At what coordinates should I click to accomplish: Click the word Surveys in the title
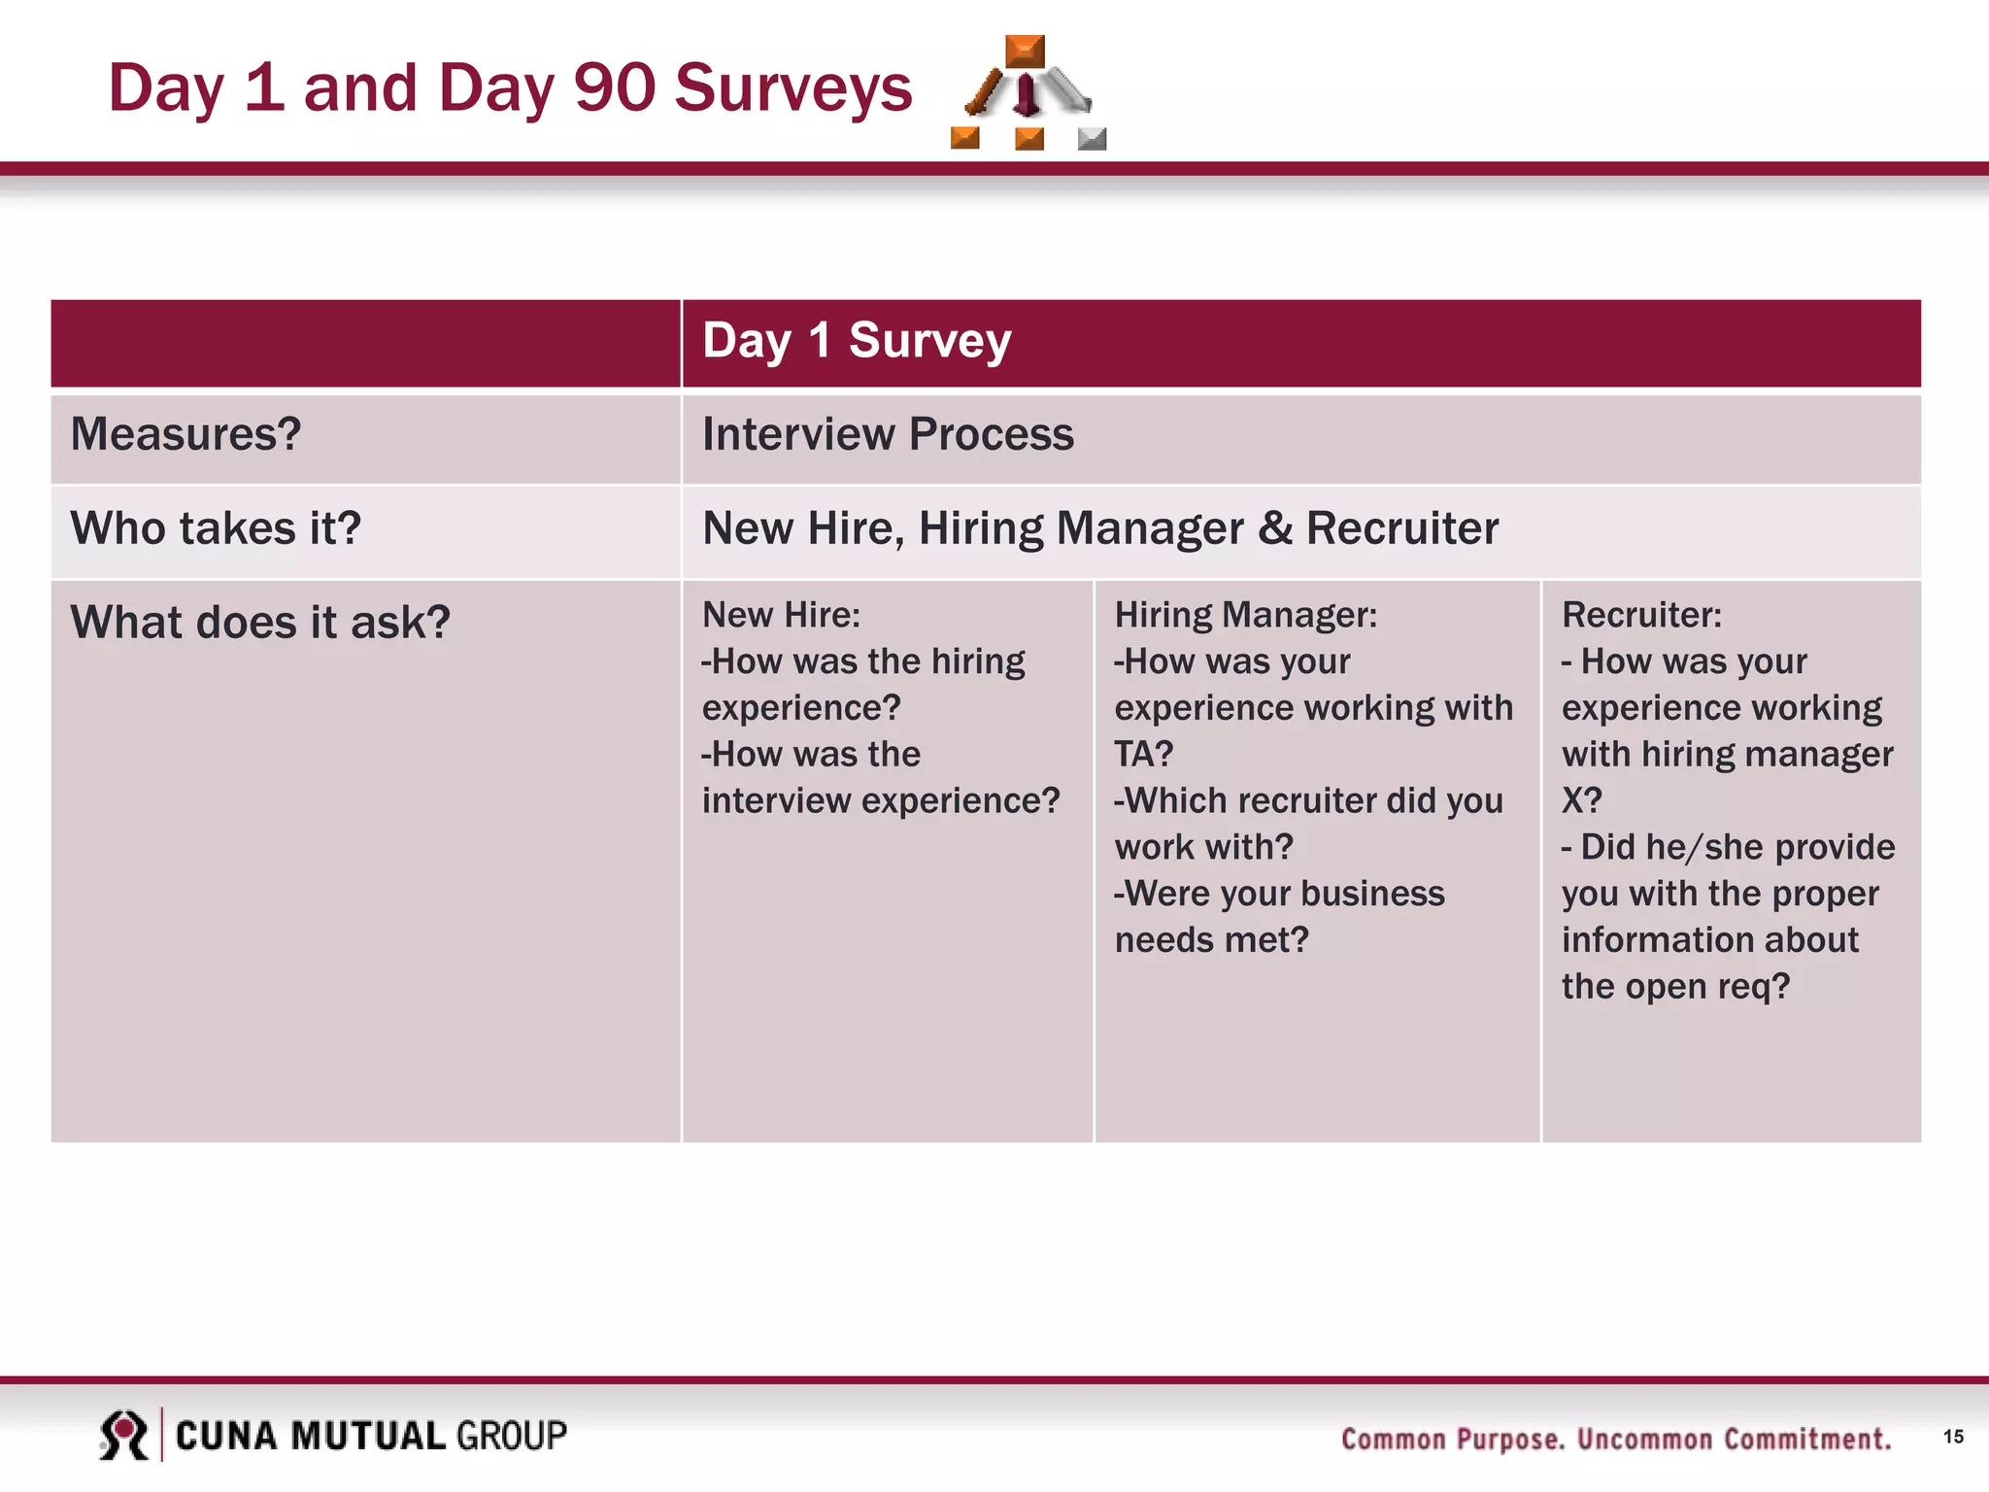[792, 88]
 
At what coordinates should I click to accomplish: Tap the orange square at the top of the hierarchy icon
[1025, 51]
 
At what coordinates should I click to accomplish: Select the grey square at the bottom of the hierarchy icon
[1092, 139]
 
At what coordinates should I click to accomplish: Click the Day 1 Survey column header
[857, 341]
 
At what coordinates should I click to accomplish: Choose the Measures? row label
[185, 434]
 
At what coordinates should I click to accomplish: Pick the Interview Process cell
[888, 434]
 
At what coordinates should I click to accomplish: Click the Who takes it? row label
[216, 528]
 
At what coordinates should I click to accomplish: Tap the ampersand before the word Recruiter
[1274, 528]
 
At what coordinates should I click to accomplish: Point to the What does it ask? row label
[260, 623]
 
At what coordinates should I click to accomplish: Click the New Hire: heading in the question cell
[781, 615]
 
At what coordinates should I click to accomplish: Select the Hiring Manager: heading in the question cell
[1245, 615]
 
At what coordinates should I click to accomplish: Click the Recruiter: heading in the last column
[1641, 615]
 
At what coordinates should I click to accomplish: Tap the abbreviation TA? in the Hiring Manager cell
[1143, 754]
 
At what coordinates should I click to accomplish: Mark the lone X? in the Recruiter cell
[1581, 800]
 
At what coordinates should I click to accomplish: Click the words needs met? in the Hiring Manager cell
[1211, 939]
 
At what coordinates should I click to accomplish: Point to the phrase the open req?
[1674, 986]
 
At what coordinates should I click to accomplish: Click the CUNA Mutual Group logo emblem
[124, 1436]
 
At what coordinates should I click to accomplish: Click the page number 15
[1953, 1437]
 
